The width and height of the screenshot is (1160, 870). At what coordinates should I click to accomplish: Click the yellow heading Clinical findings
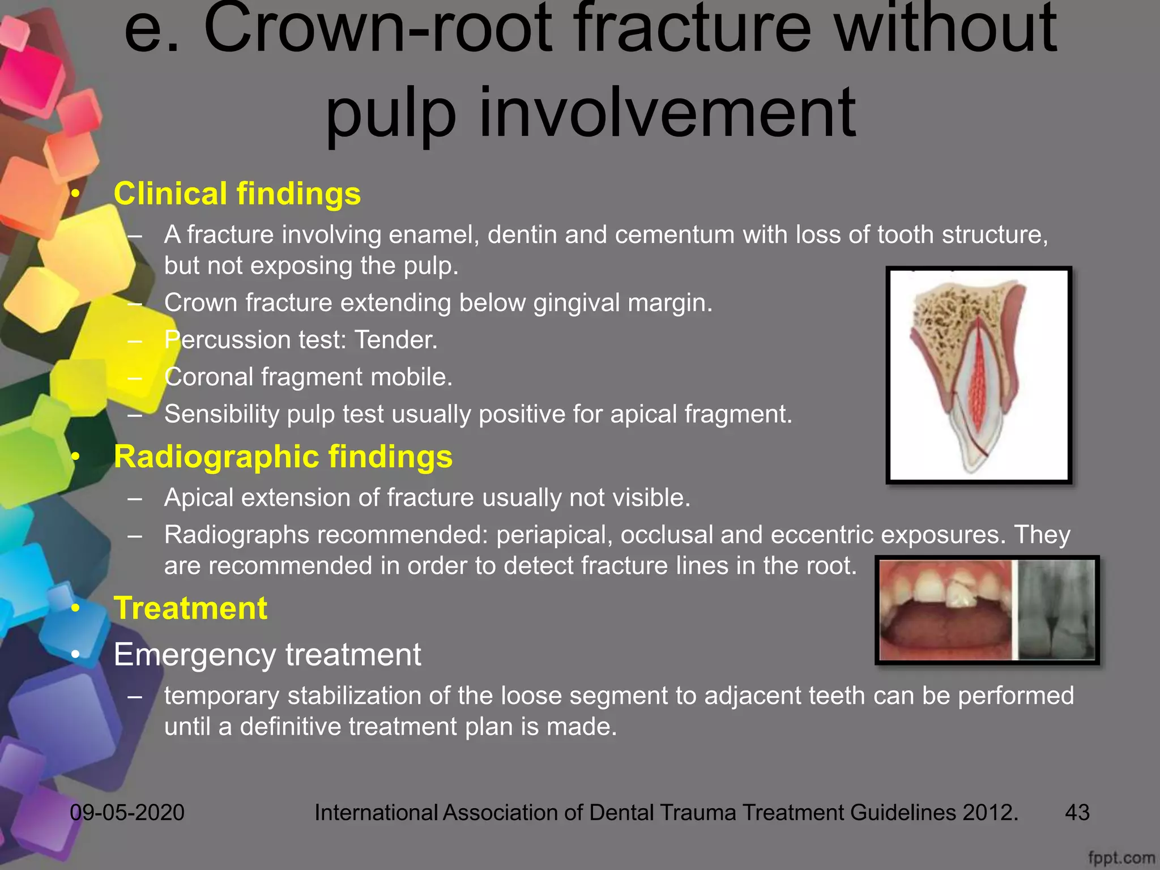click(x=237, y=194)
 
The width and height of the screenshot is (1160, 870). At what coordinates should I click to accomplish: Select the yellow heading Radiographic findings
click(x=283, y=457)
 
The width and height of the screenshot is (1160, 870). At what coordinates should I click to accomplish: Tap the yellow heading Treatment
click(x=190, y=608)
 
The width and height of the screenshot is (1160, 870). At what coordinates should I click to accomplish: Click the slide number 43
click(x=1077, y=812)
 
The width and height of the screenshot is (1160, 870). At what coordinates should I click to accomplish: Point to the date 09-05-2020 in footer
click(x=127, y=812)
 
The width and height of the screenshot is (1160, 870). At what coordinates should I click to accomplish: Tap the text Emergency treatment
click(x=267, y=655)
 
